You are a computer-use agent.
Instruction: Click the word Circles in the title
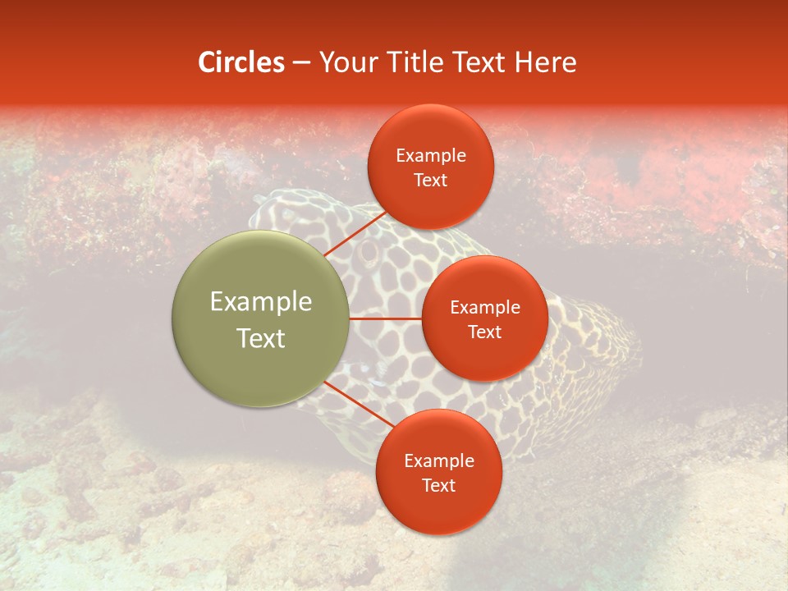[241, 62]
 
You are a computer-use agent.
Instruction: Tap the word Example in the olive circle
[261, 302]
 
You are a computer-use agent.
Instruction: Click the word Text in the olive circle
[261, 338]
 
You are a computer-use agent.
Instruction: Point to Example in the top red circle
[431, 156]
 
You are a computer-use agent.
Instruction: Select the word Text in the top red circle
[431, 180]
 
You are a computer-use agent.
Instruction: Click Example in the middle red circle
[485, 308]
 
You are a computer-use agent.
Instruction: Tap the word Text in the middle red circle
[485, 332]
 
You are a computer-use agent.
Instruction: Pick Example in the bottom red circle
[439, 461]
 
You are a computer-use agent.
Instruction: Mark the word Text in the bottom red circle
[439, 485]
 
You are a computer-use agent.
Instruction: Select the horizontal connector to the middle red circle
[386, 318]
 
